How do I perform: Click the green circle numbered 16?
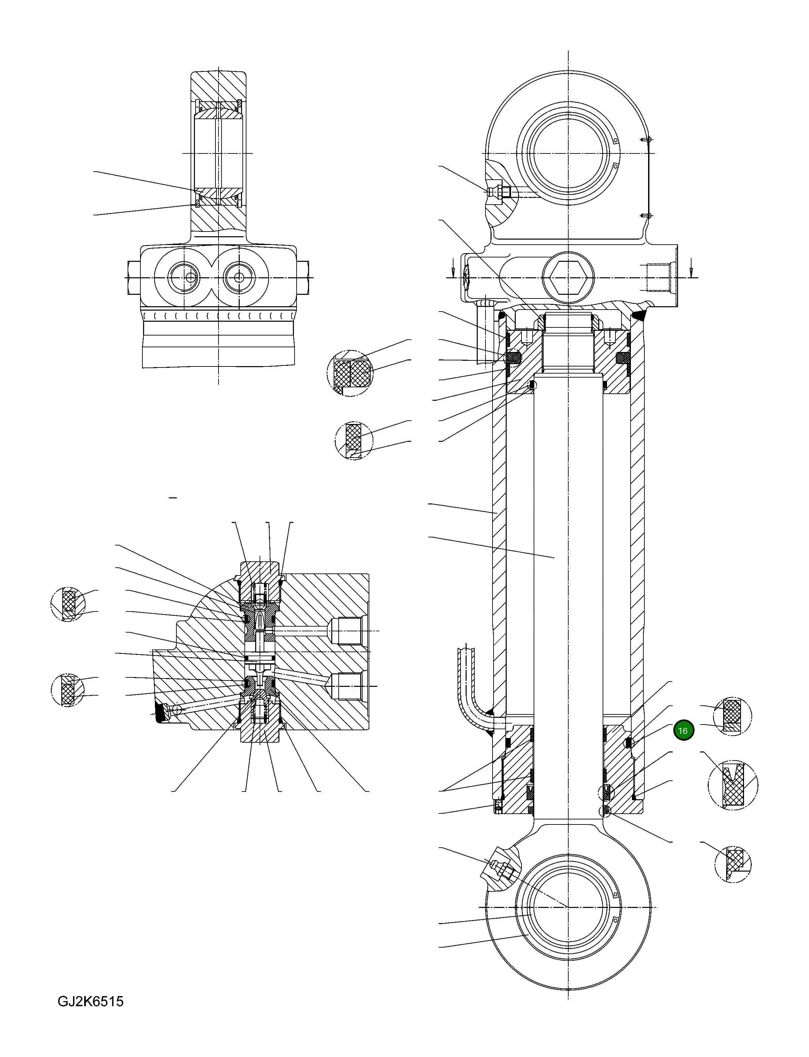tap(683, 731)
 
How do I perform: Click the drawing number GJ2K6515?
tap(91, 1002)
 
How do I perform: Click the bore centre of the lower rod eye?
tap(568, 907)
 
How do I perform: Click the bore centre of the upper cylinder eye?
tap(568, 153)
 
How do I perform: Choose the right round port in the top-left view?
tap(239, 278)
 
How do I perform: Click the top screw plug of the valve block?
tap(260, 585)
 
